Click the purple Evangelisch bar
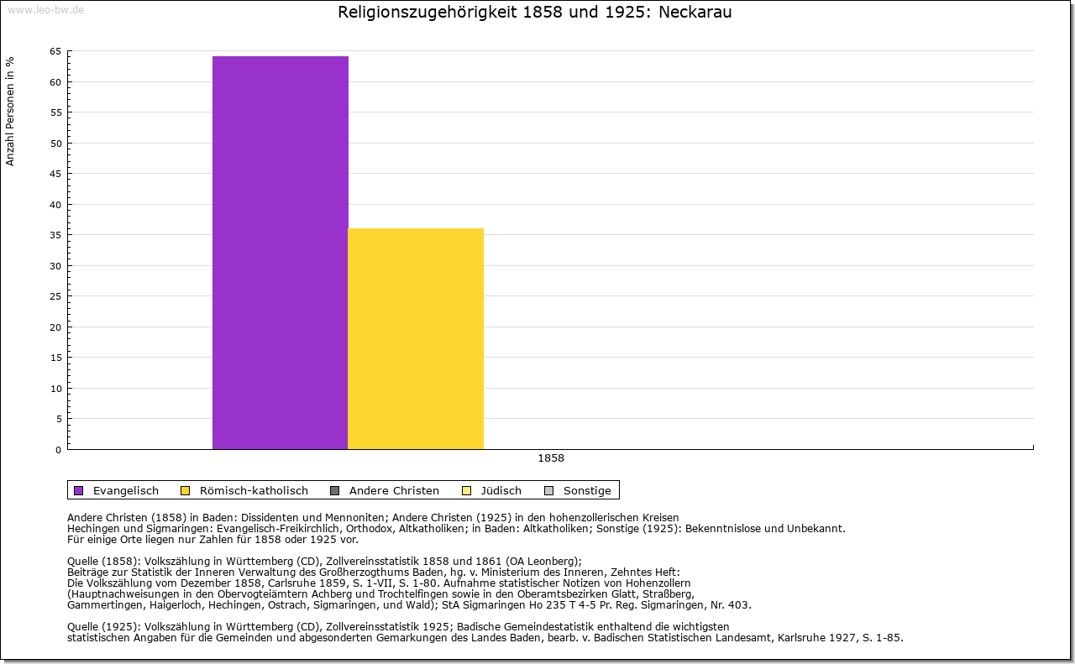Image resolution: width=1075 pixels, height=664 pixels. point(280,252)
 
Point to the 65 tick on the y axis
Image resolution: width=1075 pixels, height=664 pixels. point(55,51)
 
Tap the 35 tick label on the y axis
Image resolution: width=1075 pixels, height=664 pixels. point(55,235)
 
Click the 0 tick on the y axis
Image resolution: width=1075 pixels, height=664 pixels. point(58,449)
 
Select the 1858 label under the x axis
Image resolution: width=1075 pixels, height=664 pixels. point(551,458)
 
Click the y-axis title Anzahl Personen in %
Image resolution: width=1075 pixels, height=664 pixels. point(10,111)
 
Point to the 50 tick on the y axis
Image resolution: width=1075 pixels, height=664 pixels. point(55,143)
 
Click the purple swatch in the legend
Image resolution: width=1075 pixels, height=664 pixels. point(79,490)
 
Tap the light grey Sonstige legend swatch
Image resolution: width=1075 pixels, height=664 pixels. point(549,490)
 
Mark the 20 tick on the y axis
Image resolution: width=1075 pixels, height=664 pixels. point(55,327)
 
